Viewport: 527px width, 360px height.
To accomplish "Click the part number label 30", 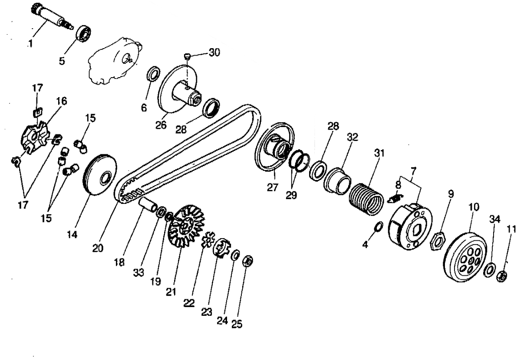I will (x=214, y=52).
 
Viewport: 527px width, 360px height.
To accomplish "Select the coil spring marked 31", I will (x=367, y=198).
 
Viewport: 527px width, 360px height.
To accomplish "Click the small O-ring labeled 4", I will (x=378, y=226).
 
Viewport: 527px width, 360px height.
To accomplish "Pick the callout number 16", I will (x=61, y=101).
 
